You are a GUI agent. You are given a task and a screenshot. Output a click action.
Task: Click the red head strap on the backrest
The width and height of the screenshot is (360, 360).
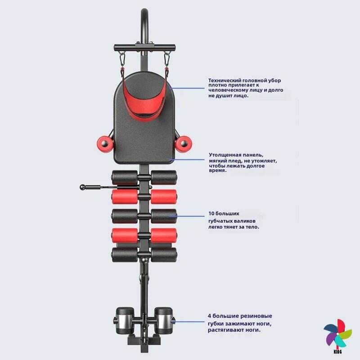[x=143, y=97]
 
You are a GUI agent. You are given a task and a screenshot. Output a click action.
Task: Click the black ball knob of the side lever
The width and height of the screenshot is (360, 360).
[x=82, y=186]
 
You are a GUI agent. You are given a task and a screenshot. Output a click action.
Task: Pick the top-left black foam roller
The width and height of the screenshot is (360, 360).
[x=125, y=177]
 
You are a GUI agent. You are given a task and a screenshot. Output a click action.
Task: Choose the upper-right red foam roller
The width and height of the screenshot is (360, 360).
[x=163, y=197]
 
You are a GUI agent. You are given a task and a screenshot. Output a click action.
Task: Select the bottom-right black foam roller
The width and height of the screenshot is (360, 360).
[x=163, y=254]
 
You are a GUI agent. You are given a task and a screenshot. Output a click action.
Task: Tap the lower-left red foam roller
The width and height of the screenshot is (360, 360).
[x=125, y=235]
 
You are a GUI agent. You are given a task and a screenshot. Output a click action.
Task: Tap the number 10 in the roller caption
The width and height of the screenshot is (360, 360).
[x=211, y=213]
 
